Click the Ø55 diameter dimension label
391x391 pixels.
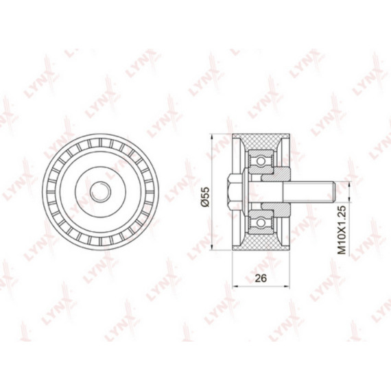206,197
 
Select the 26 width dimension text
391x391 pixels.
261,278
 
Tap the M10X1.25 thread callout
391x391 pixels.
342,229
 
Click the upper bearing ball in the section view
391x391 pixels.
261,161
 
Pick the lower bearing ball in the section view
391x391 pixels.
261,222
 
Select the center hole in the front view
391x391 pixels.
100,192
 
